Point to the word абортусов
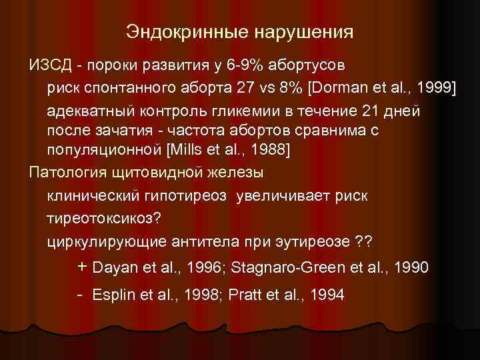click(305, 66)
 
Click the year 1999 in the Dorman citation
click(432, 87)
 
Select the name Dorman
click(338, 87)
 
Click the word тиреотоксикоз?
click(105, 217)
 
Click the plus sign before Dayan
click(82, 267)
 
